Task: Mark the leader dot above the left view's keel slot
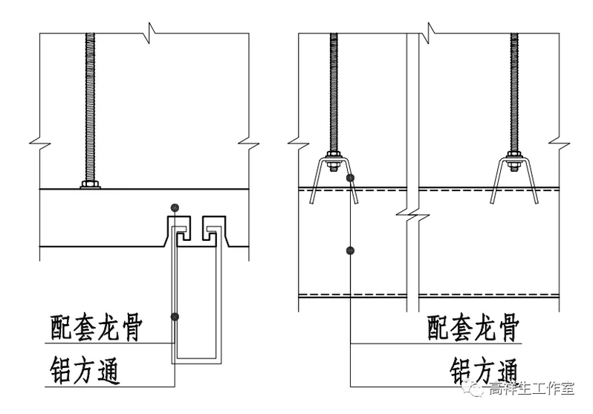click(x=174, y=207)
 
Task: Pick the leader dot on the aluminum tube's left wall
click(x=175, y=316)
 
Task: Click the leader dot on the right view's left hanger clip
click(x=350, y=178)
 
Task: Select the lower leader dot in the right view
click(x=350, y=250)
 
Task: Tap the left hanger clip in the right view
click(x=334, y=175)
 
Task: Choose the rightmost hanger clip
click(x=513, y=175)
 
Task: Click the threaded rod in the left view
click(x=90, y=104)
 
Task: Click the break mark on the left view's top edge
click(x=151, y=32)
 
